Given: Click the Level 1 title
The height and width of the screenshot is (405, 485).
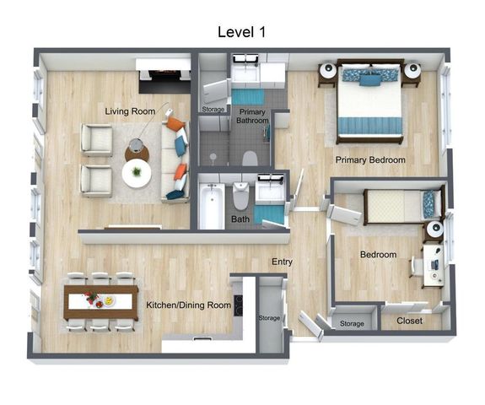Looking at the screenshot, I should (242, 32).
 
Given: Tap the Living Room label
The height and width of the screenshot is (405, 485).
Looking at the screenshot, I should (130, 111).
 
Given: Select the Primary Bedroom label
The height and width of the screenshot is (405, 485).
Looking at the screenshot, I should (370, 159).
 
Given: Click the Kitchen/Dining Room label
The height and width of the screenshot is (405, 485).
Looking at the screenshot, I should (189, 305).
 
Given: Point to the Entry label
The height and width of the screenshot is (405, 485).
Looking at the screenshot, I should (282, 262).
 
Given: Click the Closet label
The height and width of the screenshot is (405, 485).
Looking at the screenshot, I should (409, 321).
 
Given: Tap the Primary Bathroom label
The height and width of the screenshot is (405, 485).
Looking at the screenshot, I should (253, 116).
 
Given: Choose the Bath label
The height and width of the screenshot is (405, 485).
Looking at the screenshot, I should (240, 219).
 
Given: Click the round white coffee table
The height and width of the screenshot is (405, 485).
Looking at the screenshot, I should (137, 174).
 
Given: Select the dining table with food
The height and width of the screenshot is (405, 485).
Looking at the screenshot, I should (101, 300).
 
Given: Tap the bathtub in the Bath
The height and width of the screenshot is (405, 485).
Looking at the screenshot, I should (212, 204).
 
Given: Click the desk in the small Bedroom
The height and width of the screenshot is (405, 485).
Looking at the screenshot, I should (434, 261).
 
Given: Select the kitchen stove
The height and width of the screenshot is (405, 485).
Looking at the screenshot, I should (239, 304).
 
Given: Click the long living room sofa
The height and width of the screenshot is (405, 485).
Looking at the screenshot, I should (176, 157).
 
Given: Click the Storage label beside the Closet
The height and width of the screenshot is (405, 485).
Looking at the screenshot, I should (352, 324).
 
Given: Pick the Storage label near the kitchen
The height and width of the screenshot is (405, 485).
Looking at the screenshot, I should (269, 318).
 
